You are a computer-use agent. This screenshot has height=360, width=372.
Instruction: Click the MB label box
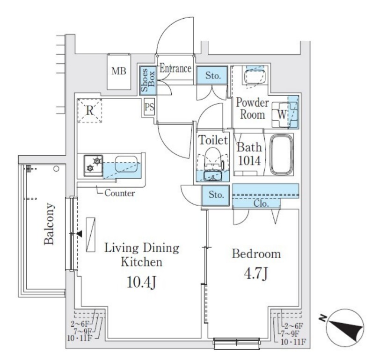click(x=119, y=72)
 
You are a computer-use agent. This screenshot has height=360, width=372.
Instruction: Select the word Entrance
click(x=175, y=69)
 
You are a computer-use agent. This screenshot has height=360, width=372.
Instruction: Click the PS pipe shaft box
click(x=149, y=107)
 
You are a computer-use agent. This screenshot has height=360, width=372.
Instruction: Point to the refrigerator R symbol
click(x=89, y=111)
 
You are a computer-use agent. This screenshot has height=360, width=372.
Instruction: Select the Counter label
click(x=119, y=193)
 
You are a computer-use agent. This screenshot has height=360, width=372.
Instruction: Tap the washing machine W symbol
click(x=282, y=114)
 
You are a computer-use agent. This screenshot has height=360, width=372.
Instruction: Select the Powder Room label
click(x=252, y=108)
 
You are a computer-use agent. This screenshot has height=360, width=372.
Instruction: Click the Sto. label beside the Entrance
click(x=213, y=75)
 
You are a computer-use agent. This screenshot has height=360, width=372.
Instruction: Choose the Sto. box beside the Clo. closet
click(x=216, y=195)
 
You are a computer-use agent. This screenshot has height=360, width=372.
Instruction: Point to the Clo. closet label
click(x=261, y=203)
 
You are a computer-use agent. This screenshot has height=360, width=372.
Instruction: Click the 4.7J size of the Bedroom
click(x=256, y=274)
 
